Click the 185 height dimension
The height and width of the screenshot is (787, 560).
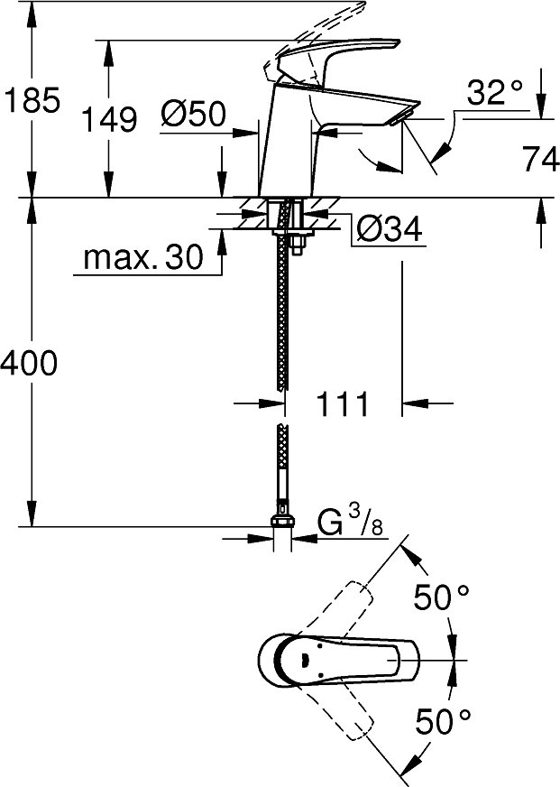click(x=32, y=99)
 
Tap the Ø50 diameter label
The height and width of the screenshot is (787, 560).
click(x=192, y=114)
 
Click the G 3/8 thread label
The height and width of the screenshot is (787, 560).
click(x=344, y=523)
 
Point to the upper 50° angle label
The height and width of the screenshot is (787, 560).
click(x=443, y=597)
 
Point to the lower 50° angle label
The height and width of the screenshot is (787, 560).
click(x=443, y=720)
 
